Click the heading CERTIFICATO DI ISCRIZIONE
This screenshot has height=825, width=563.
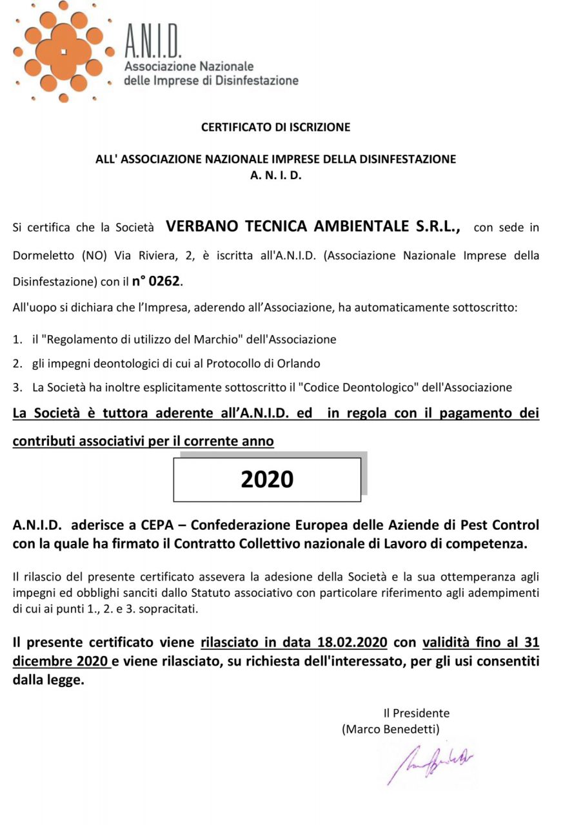click(275, 128)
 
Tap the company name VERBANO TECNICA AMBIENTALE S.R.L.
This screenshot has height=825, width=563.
click(313, 227)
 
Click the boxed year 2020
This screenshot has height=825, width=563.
click(267, 479)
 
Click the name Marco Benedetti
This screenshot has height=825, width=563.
click(391, 729)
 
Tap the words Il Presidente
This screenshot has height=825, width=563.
click(416, 713)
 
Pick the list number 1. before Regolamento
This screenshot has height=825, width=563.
click(17, 338)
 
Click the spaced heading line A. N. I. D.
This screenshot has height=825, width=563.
click(275, 174)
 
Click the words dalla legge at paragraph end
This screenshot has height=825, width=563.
click(48, 679)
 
